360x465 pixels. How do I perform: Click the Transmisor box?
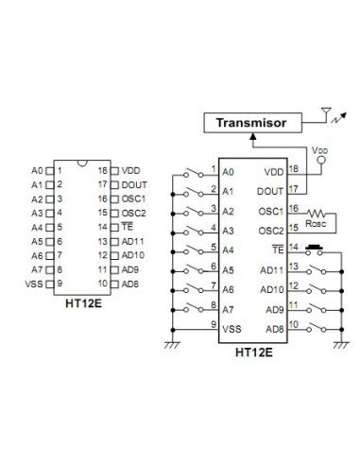click(x=251, y=122)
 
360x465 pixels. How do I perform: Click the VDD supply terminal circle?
click(x=321, y=160)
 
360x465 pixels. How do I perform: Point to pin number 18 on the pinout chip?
click(x=103, y=171)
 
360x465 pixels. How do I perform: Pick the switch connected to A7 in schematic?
click(x=194, y=309)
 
